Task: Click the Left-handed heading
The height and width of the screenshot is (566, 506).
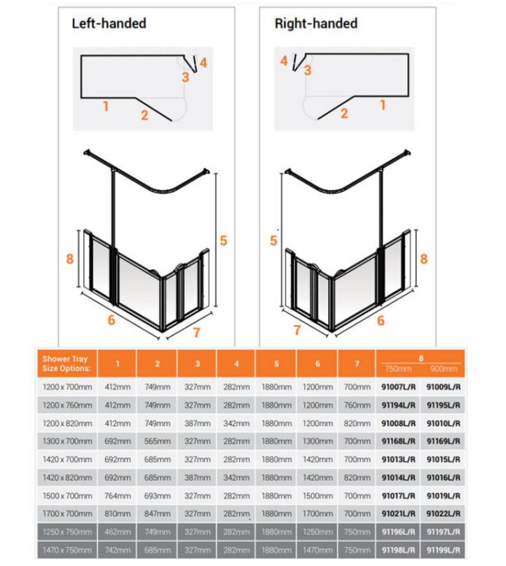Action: [109, 23]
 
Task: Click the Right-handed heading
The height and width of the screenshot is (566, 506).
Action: [316, 23]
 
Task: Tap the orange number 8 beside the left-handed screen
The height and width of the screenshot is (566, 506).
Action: [70, 259]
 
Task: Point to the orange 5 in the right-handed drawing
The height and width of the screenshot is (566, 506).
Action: [273, 240]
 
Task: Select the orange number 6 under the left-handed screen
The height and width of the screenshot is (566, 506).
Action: [111, 320]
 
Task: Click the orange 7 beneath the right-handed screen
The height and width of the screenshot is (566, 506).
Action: [297, 330]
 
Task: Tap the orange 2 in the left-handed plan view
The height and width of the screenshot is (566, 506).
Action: [144, 115]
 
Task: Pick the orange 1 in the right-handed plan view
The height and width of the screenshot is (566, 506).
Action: [383, 105]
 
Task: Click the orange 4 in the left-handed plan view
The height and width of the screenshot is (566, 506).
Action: [203, 63]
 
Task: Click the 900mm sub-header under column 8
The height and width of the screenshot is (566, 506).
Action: [443, 369]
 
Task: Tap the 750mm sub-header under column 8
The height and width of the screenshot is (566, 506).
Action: [398, 369]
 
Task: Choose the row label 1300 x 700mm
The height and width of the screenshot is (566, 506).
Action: [67, 441]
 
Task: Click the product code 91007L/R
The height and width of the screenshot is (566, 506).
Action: [398, 387]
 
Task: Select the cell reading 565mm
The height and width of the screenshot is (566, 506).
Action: [157, 441]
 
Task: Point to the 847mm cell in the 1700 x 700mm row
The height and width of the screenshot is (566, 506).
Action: [157, 513]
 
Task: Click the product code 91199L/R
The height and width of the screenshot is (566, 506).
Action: [443, 550]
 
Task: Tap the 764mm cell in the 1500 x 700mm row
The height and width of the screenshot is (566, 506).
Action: [117, 496]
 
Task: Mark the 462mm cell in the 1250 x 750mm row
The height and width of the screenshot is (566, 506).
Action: [117, 532]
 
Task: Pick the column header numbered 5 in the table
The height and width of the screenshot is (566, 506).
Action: [276, 364]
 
